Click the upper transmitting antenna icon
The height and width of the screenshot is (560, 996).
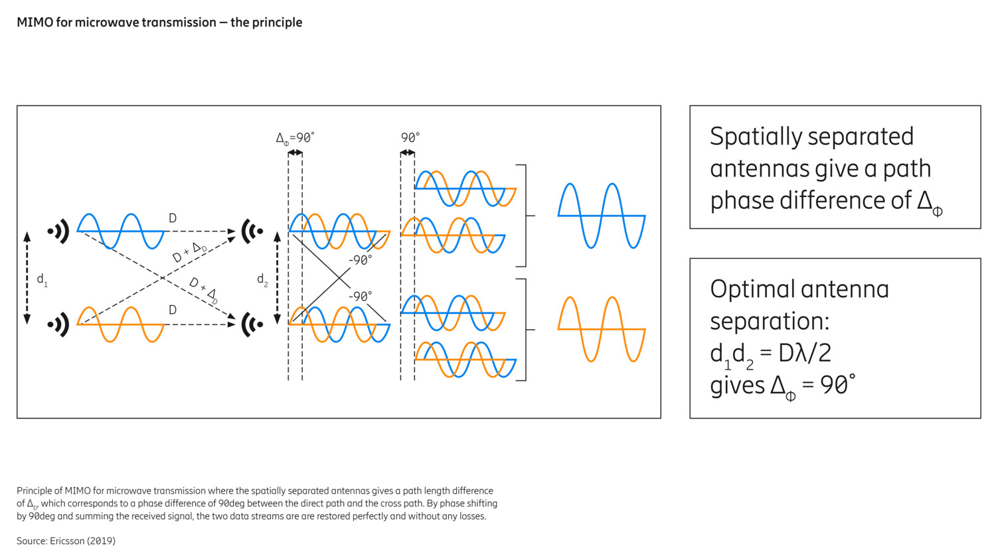(x=58, y=232)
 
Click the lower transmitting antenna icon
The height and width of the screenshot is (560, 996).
(x=58, y=324)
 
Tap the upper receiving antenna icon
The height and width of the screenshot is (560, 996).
(x=252, y=232)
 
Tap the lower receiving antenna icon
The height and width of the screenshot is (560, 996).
(x=252, y=324)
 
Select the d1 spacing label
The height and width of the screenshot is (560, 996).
(x=42, y=280)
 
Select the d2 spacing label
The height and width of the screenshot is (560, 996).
(x=262, y=280)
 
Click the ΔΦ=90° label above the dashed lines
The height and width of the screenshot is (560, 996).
(x=295, y=138)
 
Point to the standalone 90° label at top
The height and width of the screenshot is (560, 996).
(x=410, y=138)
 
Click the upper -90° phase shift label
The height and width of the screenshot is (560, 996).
(x=360, y=260)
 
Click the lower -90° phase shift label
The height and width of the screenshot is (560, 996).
(x=360, y=296)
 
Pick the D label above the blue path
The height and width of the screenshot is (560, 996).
(x=173, y=218)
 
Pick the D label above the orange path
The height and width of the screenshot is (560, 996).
(x=173, y=310)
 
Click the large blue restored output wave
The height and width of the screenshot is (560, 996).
(x=601, y=216)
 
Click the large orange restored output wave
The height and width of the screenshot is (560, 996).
(x=601, y=329)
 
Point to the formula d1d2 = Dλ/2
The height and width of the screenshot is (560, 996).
(x=770, y=353)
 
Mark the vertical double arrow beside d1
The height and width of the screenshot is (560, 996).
(x=27, y=278)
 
